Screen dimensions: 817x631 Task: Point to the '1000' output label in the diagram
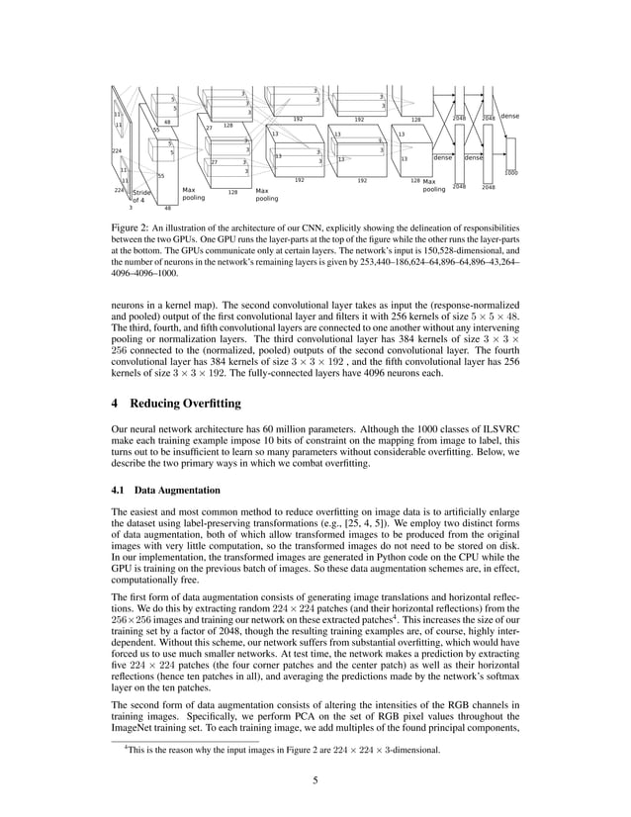tap(510, 173)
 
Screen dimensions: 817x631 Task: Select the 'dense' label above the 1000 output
tap(509, 117)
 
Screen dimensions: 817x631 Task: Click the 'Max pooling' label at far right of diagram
tap(434, 186)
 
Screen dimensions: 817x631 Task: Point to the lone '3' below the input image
tap(130, 209)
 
